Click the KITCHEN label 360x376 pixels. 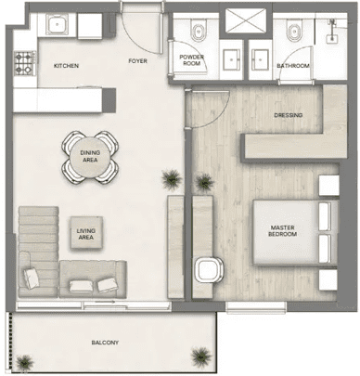66,66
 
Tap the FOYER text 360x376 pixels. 137,61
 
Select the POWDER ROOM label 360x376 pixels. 191,60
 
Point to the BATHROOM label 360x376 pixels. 293,66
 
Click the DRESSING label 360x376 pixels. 289,115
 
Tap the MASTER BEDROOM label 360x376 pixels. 282,231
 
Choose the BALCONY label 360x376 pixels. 105,343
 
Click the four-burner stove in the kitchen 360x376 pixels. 24,63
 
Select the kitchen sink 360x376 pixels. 57,24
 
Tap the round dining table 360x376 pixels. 90,157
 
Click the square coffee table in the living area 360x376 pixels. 86,232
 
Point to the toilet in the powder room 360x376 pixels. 199,30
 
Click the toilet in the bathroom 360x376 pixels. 294,30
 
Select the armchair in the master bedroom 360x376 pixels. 209,269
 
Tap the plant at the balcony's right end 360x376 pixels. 201,357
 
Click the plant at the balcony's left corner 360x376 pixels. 24,363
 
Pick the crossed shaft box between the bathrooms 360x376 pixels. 246,20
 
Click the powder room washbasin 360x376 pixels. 232,59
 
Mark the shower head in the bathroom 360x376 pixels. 332,22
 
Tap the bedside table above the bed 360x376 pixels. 328,186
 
